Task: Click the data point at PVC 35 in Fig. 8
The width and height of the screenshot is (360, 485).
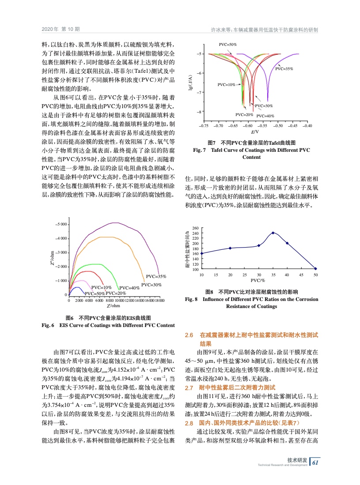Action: tap(273, 233)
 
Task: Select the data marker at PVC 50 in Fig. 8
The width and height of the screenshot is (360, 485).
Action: tap(315, 268)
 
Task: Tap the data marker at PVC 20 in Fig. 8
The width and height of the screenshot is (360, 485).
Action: tap(230, 248)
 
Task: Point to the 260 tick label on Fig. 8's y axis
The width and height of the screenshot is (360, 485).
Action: tap(196, 228)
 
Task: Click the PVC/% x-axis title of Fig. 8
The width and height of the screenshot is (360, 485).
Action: tap(258, 280)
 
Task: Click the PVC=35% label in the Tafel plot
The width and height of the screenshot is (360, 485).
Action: tap(284, 69)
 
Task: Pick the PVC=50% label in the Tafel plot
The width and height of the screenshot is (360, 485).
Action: tap(228, 45)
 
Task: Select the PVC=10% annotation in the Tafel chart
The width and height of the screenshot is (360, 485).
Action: tap(226, 84)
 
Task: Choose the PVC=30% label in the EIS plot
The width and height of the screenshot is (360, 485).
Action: tap(150, 284)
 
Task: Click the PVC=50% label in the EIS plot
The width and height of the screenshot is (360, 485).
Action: tap(94, 293)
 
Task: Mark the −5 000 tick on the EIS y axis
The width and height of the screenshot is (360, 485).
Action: tap(60, 224)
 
